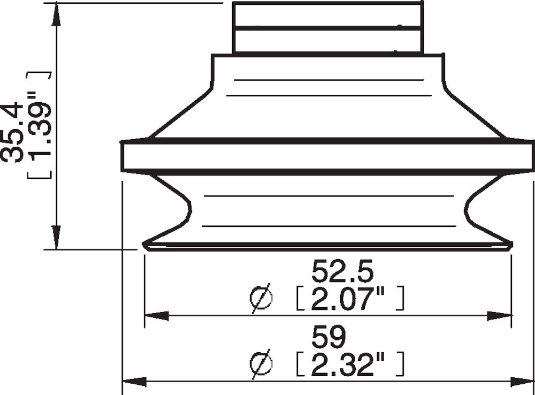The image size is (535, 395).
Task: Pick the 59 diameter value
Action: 330,337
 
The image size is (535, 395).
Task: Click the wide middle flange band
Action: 328,156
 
